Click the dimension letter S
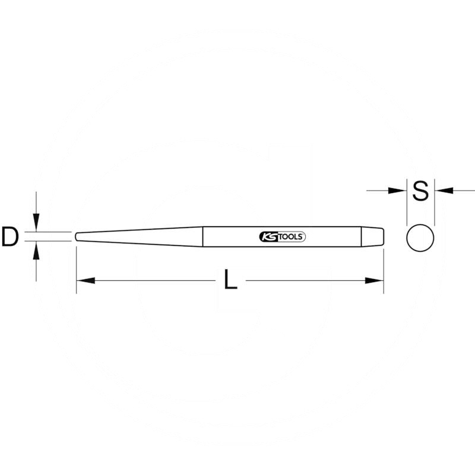point(420,191)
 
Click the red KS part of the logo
point(267,236)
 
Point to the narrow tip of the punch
point(77,236)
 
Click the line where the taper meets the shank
point(203,236)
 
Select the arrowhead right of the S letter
point(442,191)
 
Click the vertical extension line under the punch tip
point(76,267)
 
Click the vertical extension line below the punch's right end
point(384,267)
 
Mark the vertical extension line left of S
point(406,205)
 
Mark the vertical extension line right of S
point(435,205)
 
